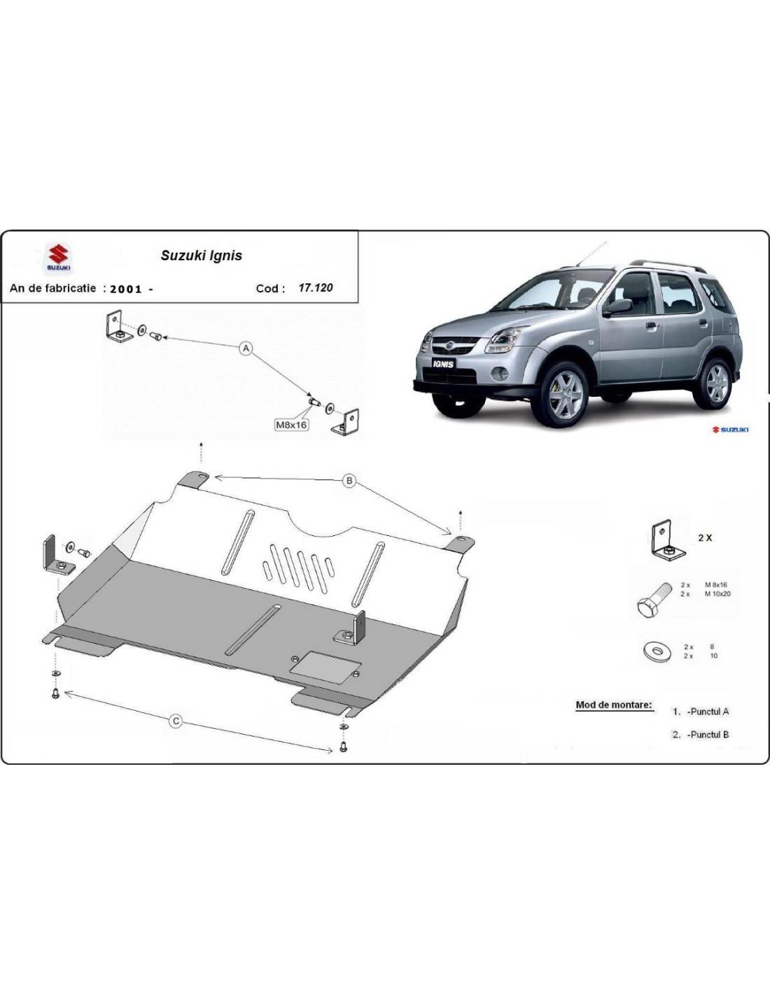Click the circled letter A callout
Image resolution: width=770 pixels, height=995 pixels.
[x=246, y=348]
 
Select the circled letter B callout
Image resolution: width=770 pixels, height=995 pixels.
[x=349, y=480]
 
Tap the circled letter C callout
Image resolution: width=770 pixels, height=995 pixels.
[x=176, y=721]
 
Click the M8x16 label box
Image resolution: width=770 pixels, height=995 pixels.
[x=291, y=425]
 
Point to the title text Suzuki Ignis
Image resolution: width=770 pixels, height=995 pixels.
[x=201, y=255]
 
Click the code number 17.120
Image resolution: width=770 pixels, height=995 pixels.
[x=316, y=288]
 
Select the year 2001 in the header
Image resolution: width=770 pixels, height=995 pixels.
[x=126, y=289]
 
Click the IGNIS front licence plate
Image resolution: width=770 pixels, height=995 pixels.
[x=443, y=364]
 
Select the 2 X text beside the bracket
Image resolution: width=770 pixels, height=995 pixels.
[x=705, y=538]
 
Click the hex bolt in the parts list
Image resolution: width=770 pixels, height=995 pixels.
[x=653, y=598]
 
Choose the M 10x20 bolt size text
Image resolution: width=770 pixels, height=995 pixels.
[x=717, y=594]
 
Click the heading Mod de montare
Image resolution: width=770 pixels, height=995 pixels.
[x=614, y=704]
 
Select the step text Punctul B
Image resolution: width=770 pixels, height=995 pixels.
[x=708, y=735]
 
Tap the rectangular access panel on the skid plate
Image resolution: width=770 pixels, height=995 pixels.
[x=325, y=668]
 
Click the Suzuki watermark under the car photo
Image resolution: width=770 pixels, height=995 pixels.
[x=730, y=430]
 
